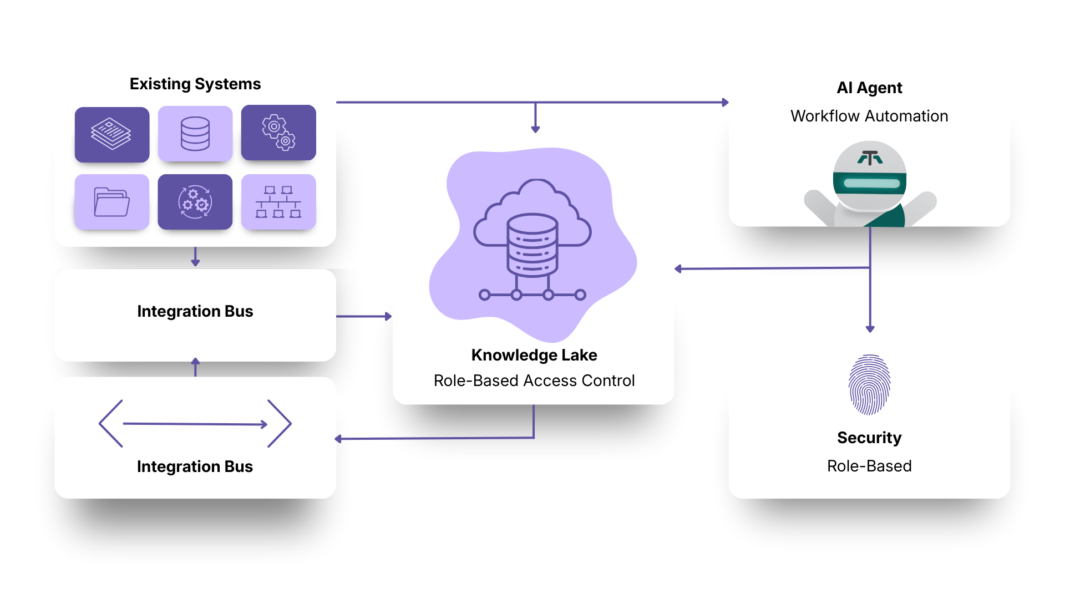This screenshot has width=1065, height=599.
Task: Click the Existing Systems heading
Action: (x=195, y=84)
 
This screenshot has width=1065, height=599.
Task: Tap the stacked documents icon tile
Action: (x=112, y=134)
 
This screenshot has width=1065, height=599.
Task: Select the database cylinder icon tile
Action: (x=195, y=134)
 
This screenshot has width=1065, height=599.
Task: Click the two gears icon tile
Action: (x=278, y=133)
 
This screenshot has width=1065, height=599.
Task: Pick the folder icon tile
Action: (x=112, y=202)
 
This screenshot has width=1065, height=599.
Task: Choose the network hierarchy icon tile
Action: (x=278, y=202)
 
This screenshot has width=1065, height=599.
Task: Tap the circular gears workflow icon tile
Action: (x=195, y=202)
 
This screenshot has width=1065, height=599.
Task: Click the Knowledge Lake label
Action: (x=534, y=355)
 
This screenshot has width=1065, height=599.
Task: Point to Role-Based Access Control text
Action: (x=534, y=380)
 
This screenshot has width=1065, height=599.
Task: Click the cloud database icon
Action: (x=532, y=238)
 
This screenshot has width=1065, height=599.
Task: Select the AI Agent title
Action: (x=869, y=88)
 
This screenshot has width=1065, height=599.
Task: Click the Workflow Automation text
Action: (x=869, y=116)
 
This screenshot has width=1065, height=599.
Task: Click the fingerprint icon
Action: (x=869, y=384)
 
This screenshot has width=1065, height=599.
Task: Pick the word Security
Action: (x=869, y=438)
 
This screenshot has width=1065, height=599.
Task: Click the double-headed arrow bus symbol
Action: (x=195, y=424)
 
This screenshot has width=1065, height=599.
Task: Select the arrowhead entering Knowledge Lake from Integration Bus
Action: (x=388, y=316)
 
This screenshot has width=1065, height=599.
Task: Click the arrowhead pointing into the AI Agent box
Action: (x=725, y=102)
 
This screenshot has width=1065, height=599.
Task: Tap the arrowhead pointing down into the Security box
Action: (x=870, y=328)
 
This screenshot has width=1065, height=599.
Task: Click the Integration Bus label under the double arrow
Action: (x=195, y=466)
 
